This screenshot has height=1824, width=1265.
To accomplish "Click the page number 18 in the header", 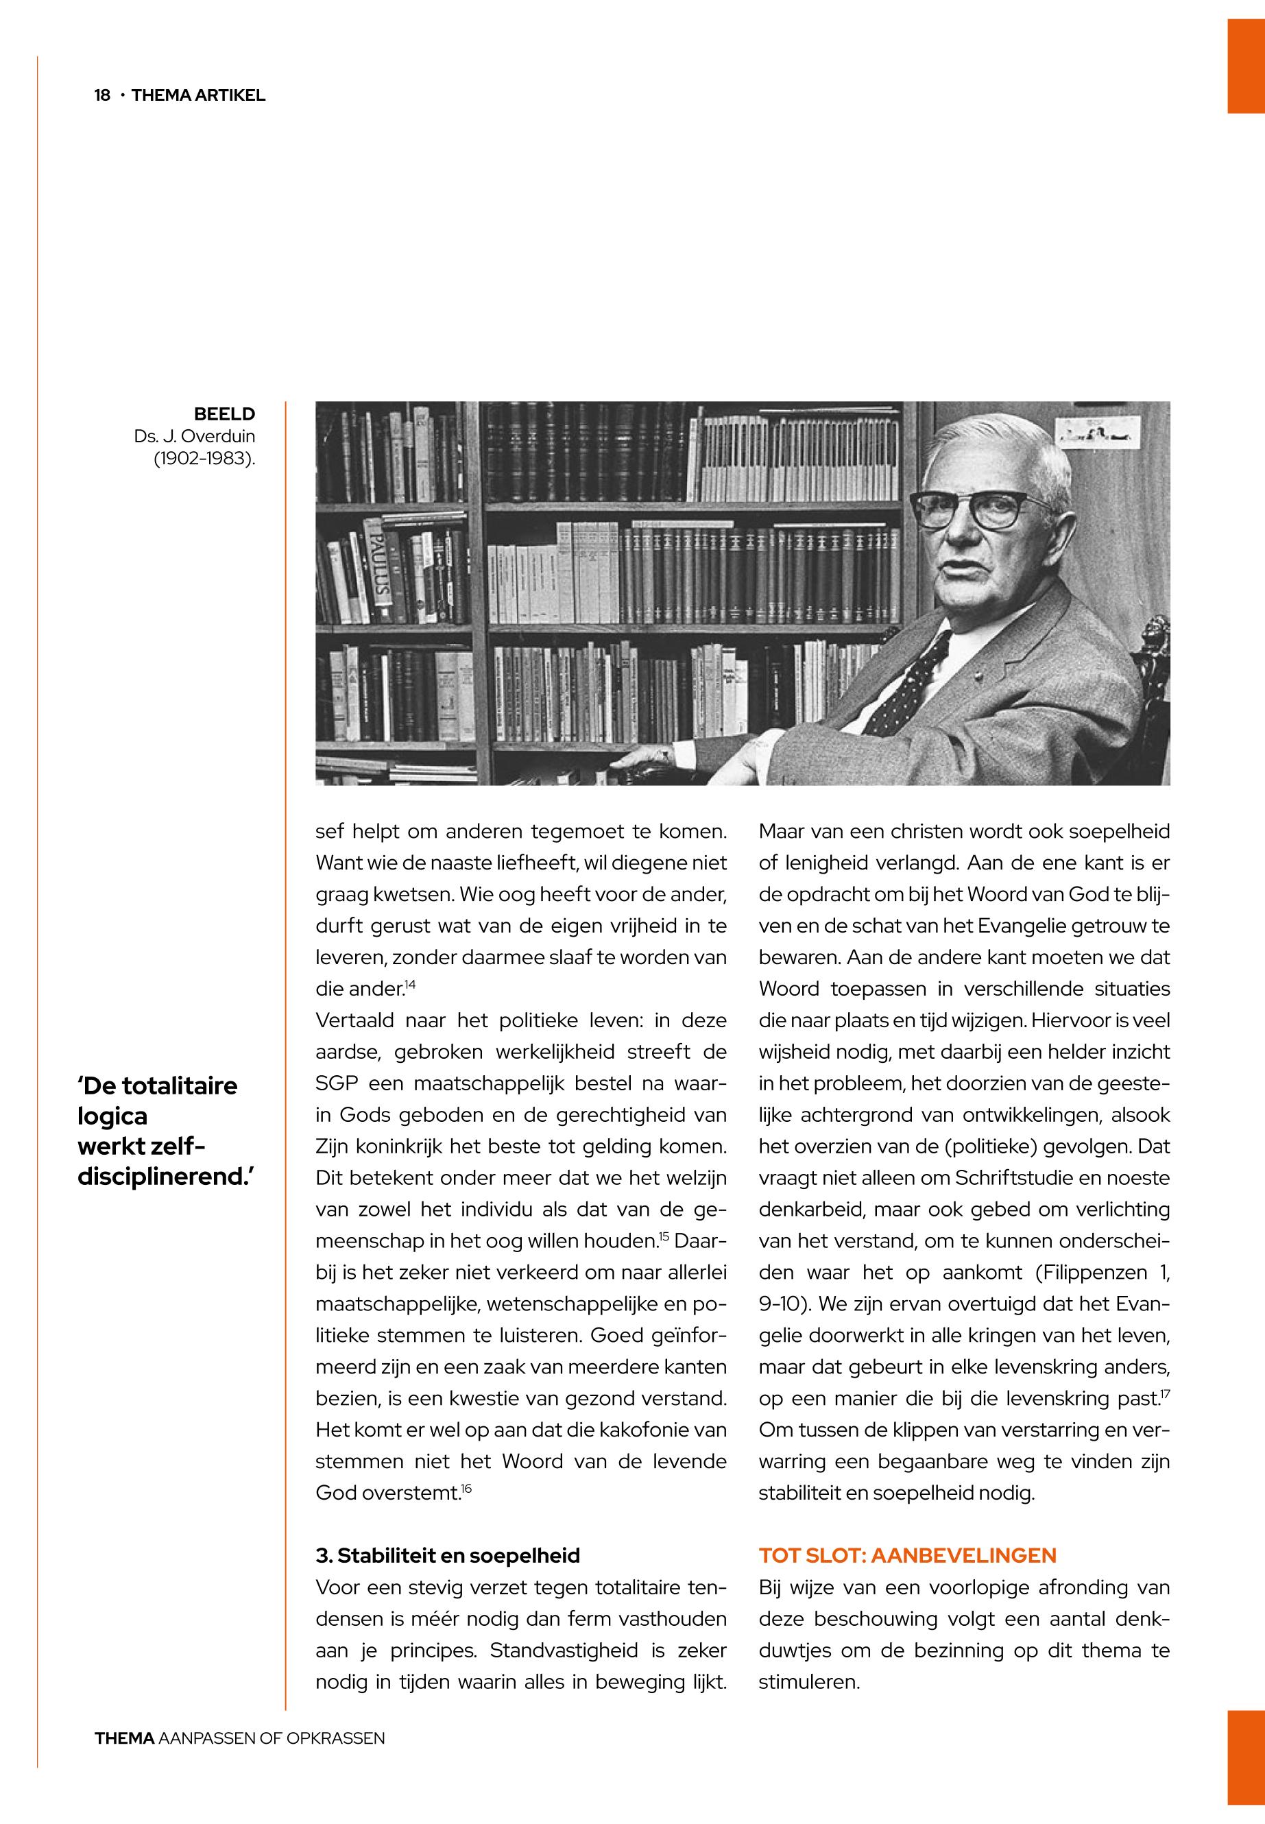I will click(x=101, y=96).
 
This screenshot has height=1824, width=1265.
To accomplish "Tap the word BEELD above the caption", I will click(x=225, y=413).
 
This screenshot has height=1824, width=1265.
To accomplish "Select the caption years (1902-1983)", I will click(x=204, y=459).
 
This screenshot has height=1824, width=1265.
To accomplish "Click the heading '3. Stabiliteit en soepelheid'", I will click(x=447, y=1556).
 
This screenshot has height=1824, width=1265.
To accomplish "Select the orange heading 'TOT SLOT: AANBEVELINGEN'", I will click(x=906, y=1556).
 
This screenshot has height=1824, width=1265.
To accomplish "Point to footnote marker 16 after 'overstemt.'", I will click(x=466, y=1490).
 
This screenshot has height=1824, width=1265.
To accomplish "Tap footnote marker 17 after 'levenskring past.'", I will click(x=1164, y=1395).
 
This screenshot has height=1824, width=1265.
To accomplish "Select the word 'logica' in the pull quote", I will click(x=112, y=1116).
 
